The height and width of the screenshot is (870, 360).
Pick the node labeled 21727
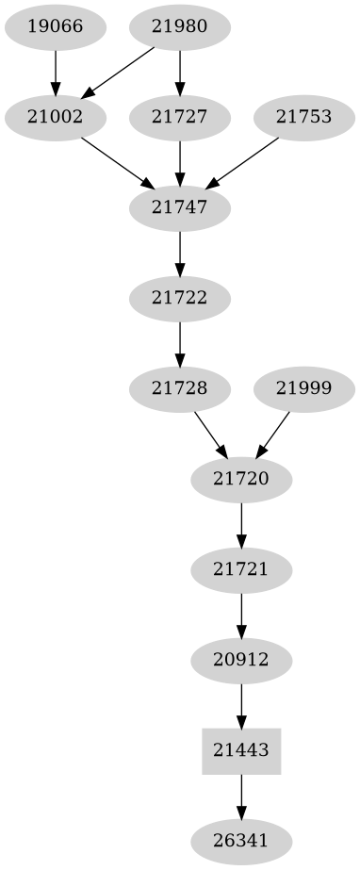pyautogui.click(x=180, y=118)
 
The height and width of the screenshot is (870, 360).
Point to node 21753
pyautogui.click(x=303, y=118)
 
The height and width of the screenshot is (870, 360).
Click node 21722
pyautogui.click(x=180, y=299)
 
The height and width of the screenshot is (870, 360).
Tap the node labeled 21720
pyautogui.click(x=242, y=480)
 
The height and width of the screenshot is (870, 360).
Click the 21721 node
pyautogui.click(x=242, y=570)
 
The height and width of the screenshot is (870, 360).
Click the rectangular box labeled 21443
pyautogui.click(x=242, y=751)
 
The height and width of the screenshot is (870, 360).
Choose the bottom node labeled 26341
pyautogui.click(x=242, y=841)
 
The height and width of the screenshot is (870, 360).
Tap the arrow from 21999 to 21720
pyautogui.click(x=274, y=433)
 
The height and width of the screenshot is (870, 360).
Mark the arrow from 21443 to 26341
pyautogui.click(x=242, y=796)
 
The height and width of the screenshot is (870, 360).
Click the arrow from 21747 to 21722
pyautogui.click(x=180, y=254)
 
